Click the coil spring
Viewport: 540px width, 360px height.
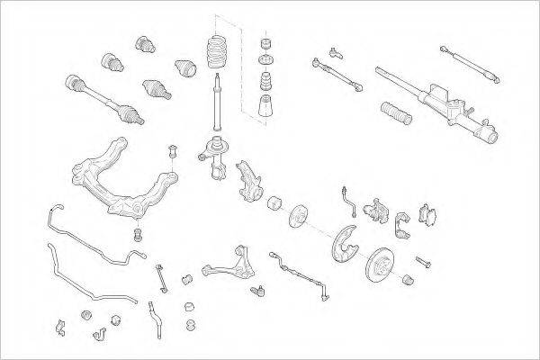(x=218, y=52)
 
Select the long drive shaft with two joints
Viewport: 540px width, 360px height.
(x=103, y=97)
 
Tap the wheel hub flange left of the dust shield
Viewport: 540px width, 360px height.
(x=296, y=216)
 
